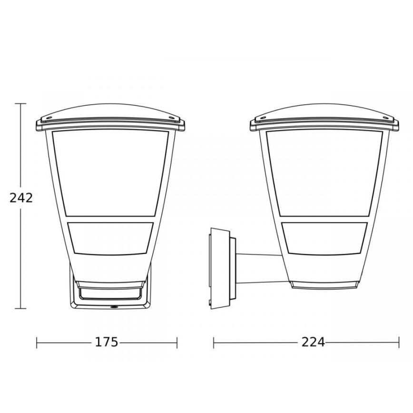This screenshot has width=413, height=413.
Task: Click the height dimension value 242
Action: click(x=21, y=197)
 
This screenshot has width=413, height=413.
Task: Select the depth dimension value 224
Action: click(x=313, y=342)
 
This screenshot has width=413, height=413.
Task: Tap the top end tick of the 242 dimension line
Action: click(x=20, y=104)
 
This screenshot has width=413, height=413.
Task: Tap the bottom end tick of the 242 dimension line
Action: click(x=20, y=308)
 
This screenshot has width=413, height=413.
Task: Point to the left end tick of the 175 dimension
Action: click(x=37, y=342)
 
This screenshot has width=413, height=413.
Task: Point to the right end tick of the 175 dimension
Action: click(x=177, y=342)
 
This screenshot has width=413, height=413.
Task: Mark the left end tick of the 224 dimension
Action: click(x=214, y=342)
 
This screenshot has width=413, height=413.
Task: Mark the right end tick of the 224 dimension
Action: click(x=398, y=342)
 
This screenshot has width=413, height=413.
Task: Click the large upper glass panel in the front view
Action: click(x=110, y=171)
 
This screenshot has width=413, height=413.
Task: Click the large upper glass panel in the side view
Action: click(x=324, y=171)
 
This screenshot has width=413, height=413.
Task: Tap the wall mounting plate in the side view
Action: click(x=220, y=269)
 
